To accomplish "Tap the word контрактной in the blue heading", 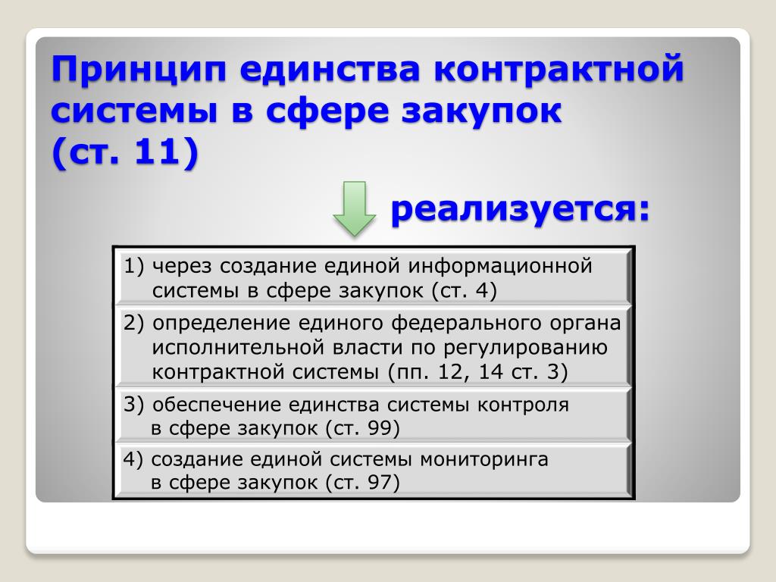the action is pos(559,68).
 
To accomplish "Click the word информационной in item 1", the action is pos(500,266).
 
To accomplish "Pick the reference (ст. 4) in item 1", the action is pos(464,290).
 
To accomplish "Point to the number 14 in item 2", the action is pos(490,371).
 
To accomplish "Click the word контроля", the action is pos(523,405).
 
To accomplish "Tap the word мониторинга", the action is pos(484,460).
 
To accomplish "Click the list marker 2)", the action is pos(133,323).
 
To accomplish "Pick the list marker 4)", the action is pos(133,459).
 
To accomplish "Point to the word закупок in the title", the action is pos(481,111).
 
